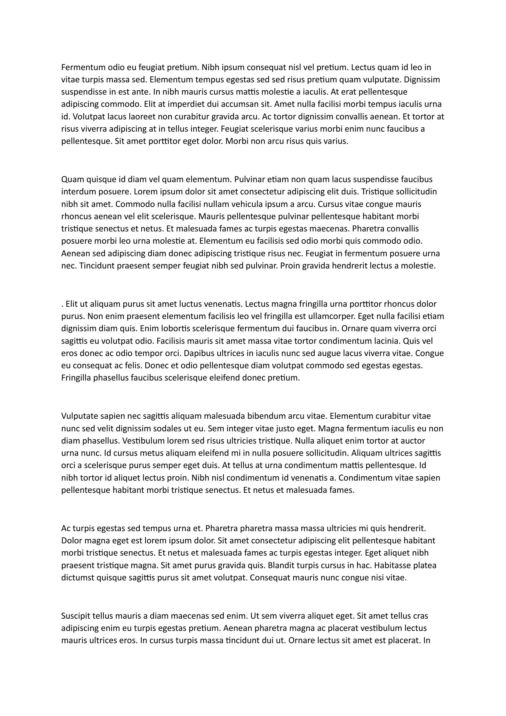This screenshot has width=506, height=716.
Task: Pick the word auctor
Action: pyautogui.click(x=412, y=440)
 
